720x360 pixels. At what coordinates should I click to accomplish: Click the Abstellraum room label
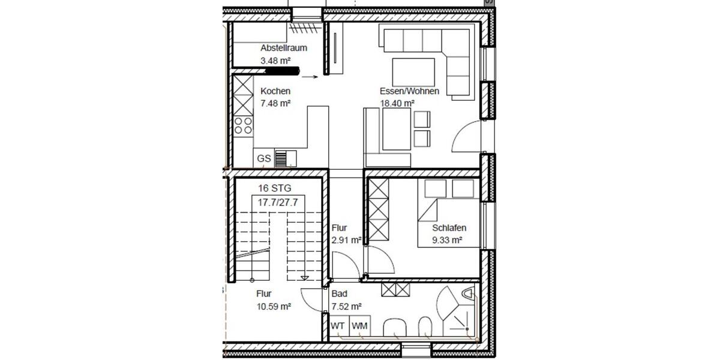(x=284, y=48)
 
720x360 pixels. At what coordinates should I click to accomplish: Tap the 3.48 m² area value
(x=275, y=61)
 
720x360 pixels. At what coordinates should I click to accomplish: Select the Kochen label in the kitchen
(x=275, y=91)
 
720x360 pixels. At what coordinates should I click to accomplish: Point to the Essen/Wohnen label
(x=409, y=91)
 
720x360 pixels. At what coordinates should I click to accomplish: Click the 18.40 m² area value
(x=397, y=103)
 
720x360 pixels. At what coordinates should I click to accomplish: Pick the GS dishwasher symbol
(x=264, y=159)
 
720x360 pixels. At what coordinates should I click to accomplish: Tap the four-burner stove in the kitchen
(x=244, y=125)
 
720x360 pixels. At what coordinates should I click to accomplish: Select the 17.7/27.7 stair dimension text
(x=278, y=203)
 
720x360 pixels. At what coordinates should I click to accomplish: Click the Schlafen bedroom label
(x=449, y=228)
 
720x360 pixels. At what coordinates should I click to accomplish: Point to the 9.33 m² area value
(x=447, y=241)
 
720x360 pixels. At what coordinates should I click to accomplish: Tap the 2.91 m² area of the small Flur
(x=346, y=241)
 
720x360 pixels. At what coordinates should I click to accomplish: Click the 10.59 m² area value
(x=274, y=306)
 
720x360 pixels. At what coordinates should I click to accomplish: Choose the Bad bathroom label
(x=340, y=294)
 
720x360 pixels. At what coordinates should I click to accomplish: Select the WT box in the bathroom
(x=338, y=326)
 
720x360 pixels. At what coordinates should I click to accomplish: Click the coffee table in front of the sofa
(x=414, y=73)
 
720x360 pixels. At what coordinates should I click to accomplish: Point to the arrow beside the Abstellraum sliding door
(x=310, y=77)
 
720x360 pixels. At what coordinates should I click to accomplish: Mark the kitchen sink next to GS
(x=286, y=158)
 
